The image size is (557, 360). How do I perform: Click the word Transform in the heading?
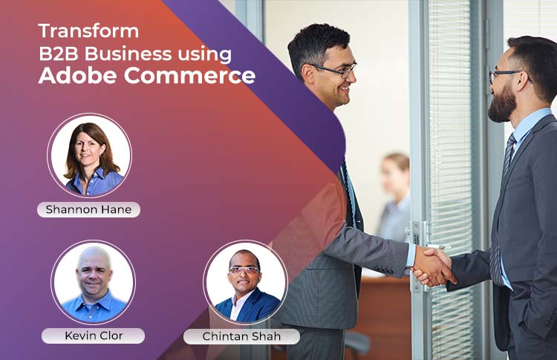tap(88, 31)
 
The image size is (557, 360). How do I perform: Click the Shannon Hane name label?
tap(89, 209)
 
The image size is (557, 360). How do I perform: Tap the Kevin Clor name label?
tap(94, 336)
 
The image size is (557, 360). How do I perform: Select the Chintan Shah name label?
tap(241, 336)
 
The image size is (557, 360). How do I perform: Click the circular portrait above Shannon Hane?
tap(90, 155)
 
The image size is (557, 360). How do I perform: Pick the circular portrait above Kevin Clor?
tap(93, 282)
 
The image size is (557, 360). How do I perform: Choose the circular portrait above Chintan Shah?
tap(245, 282)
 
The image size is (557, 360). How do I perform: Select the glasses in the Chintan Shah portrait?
tap(244, 270)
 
